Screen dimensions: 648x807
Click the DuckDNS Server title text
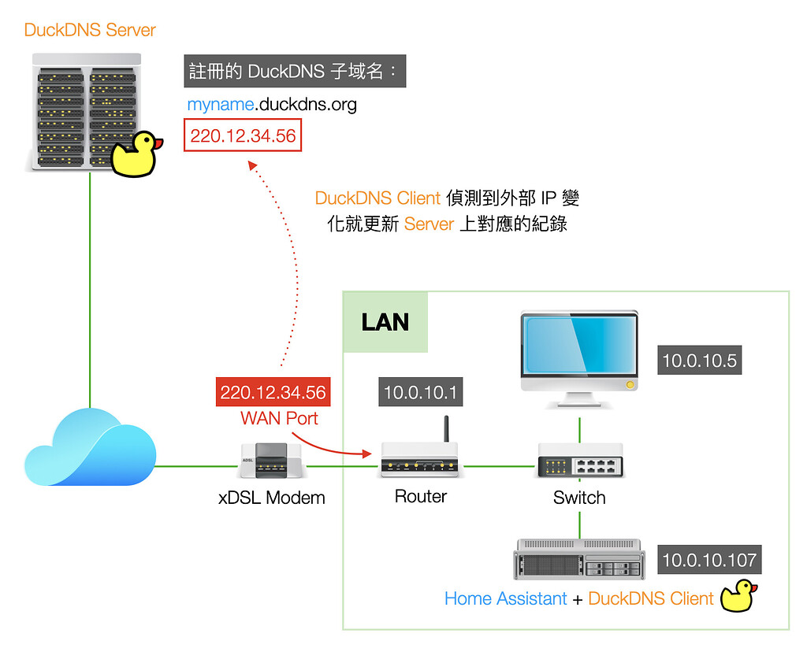click(90, 31)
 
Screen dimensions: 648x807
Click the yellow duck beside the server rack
click(136, 154)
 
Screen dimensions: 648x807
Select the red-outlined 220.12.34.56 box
click(243, 135)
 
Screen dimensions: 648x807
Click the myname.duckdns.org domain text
click(271, 104)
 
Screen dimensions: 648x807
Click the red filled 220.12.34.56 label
click(273, 393)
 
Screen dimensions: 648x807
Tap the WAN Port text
click(279, 418)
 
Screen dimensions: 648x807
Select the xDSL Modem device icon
click(271, 461)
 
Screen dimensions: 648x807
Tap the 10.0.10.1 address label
click(420, 392)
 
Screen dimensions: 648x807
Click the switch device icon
click(580, 461)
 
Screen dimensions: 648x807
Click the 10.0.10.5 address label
click(699, 361)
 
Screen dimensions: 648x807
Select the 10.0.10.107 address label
click(709, 560)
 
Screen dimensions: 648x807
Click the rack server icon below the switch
click(579, 560)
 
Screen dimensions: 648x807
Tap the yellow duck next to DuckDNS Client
click(739, 596)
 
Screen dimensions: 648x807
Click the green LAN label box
click(385, 322)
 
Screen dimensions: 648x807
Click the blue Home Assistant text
click(505, 598)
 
